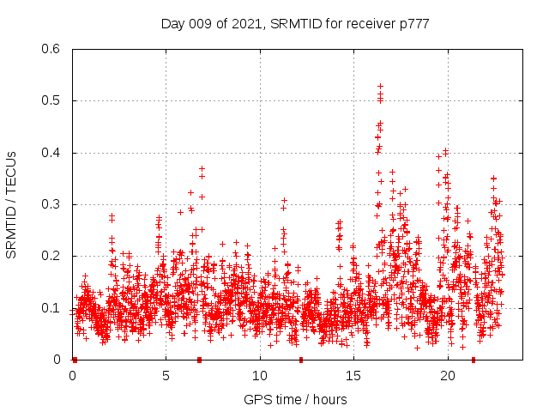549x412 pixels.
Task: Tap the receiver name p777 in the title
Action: coord(411,24)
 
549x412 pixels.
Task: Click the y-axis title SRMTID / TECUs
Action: coord(11,204)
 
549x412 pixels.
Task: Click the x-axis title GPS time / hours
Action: coord(295,399)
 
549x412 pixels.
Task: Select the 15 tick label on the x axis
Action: coord(353,376)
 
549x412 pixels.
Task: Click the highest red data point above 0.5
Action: coord(380,86)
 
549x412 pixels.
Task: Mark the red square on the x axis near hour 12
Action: coord(300,360)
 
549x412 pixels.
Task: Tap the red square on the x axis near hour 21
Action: coord(473,360)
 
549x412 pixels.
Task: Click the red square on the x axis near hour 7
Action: coord(199,360)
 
